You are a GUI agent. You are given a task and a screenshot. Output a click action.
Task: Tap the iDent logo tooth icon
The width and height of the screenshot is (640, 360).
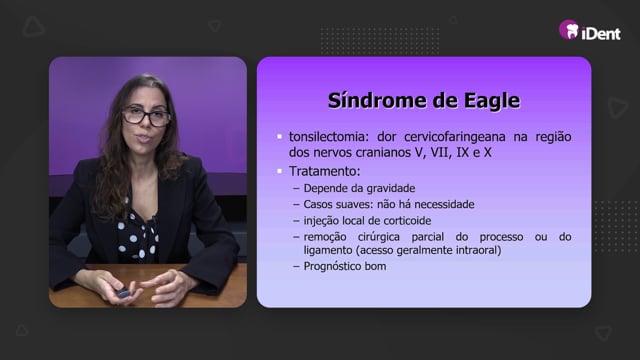(x=569, y=30)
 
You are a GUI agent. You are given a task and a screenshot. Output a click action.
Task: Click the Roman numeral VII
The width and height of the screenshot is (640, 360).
(x=440, y=152)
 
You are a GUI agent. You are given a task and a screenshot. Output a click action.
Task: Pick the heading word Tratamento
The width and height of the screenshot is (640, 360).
(x=324, y=171)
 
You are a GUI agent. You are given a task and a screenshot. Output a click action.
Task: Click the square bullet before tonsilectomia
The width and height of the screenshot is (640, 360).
(x=280, y=137)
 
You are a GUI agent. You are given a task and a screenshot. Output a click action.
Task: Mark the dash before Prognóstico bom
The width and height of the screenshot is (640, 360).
(x=296, y=267)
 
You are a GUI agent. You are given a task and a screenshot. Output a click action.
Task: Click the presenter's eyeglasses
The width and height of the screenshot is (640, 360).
(x=146, y=116)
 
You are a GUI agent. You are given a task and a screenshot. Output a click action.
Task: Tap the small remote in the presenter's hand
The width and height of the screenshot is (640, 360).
(x=123, y=293)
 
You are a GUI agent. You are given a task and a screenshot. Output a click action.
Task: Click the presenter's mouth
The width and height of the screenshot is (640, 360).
(x=144, y=139)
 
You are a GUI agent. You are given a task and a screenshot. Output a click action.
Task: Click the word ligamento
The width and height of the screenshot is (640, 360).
(x=328, y=250)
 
